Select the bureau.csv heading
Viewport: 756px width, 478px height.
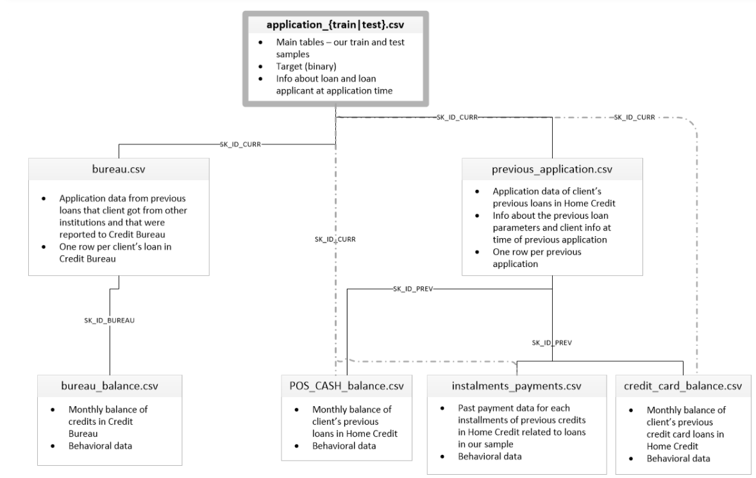119,170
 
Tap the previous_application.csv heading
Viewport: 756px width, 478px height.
553,170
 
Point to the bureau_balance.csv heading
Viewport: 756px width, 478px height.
110,386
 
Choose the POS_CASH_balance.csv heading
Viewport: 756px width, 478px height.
347,386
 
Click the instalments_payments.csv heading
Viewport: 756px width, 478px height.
517,386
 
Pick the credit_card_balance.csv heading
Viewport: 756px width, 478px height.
683,386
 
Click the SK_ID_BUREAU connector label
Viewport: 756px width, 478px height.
110,319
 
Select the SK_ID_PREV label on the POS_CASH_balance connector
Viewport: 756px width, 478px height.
413,289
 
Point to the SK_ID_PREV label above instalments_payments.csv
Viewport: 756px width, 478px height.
552,343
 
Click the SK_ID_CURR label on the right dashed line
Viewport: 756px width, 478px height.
634,117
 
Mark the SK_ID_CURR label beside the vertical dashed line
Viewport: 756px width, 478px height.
334,239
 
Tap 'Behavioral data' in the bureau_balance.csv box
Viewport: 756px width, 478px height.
101,445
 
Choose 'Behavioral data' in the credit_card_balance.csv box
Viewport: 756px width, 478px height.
678,458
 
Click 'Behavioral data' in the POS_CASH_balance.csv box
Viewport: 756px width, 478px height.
344,445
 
